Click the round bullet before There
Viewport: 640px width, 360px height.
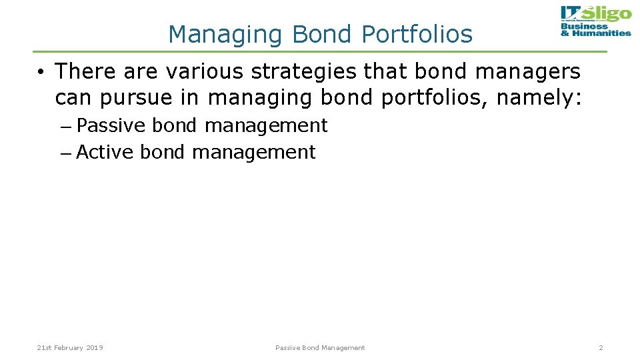[x=41, y=71]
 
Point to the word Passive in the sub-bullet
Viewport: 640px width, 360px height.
[x=111, y=125]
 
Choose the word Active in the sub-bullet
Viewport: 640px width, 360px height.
[x=106, y=152]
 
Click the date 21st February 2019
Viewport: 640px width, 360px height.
[x=70, y=347]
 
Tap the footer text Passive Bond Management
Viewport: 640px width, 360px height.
[x=320, y=347]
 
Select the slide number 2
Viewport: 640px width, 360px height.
[x=600, y=347]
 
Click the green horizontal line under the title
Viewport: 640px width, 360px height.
[x=320, y=51]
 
